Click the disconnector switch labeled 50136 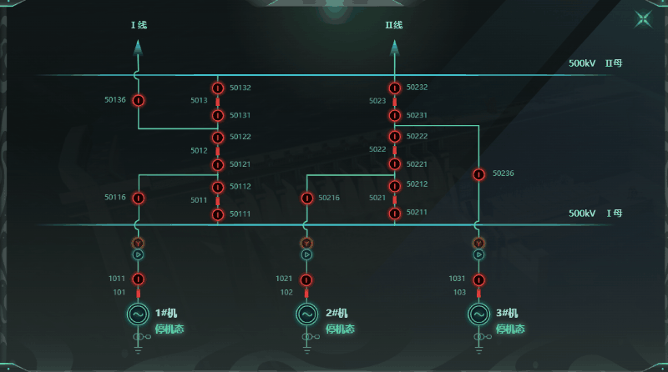139,101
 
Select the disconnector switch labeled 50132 218,88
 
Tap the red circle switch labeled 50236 478,174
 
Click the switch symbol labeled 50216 307,198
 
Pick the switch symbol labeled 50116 139,198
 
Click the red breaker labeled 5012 218,151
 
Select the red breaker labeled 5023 395,101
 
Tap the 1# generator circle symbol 139,314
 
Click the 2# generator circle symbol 307,314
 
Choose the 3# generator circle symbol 478,314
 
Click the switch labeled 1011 139,279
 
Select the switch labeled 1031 478,279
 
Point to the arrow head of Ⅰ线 139,49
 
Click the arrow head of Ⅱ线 395,49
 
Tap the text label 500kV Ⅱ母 595,63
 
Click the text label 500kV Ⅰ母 595,214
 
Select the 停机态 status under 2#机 340,329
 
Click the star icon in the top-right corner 644,19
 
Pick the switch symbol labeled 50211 395,213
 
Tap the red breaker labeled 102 307,293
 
